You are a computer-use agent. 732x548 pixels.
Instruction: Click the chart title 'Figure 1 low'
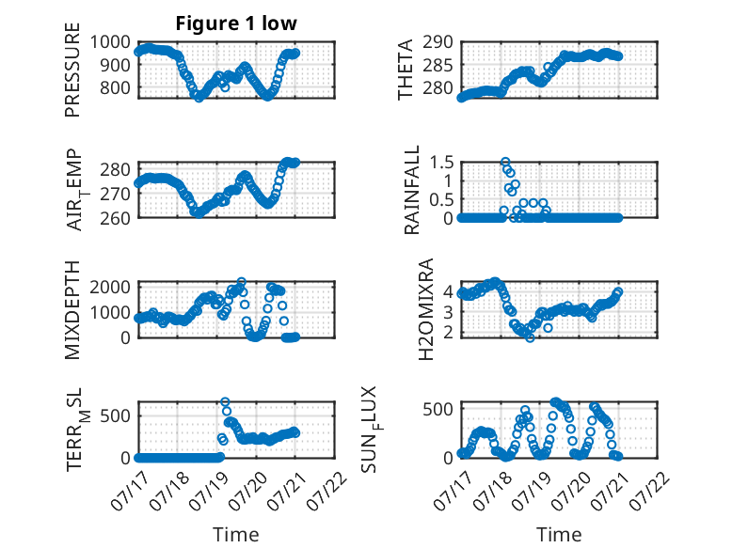pos(236,23)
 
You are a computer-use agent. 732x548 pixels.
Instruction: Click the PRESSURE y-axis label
pos(72,70)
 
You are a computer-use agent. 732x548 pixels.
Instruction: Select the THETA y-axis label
pos(406,70)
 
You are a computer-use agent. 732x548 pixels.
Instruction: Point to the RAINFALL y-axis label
pos(411,190)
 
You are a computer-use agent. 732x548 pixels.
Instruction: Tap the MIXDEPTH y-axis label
pos(72,310)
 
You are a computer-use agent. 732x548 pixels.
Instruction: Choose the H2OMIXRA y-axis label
pos(426,309)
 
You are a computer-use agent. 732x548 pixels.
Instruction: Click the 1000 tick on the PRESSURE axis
pos(110,42)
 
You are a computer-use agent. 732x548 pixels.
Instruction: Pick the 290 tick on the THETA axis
pos(438,42)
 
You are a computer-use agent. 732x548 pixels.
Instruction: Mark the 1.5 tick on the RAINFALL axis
pos(441,163)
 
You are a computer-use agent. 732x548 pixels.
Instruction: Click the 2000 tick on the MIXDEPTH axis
pos(110,287)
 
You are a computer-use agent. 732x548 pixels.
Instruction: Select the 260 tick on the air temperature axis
pos(115,218)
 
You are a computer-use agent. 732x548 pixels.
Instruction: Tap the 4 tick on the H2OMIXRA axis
pos(448,292)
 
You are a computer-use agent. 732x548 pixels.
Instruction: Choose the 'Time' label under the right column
pos(559,535)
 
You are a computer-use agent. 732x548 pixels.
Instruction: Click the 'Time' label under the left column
pos(236,535)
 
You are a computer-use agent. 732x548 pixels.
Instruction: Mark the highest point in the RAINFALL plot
pos(505,162)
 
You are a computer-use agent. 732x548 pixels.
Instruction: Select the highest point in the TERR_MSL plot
pos(225,401)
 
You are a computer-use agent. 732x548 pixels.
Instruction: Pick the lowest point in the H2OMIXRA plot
pos(530,337)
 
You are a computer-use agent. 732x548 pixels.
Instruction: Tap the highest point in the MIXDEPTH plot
pos(242,282)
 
